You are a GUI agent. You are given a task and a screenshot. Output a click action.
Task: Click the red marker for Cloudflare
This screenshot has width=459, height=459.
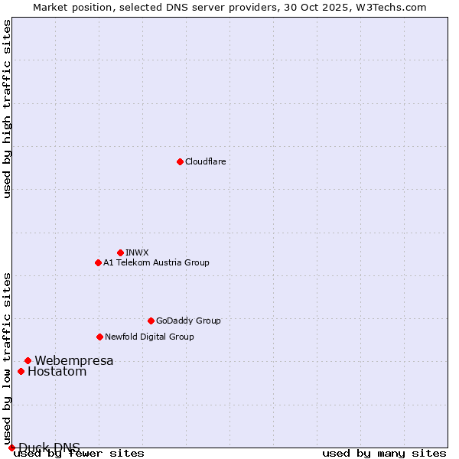click(x=180, y=161)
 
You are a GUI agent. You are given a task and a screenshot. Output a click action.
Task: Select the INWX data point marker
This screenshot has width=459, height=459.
click(x=120, y=252)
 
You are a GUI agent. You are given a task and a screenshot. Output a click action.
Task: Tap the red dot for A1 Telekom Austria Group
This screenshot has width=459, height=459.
click(x=98, y=262)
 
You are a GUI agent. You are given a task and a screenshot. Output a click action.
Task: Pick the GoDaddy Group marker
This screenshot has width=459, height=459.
click(x=151, y=321)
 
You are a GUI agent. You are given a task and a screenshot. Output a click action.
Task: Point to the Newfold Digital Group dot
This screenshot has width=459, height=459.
click(x=99, y=337)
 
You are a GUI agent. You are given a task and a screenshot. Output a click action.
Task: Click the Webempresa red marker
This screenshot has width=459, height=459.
click(x=28, y=360)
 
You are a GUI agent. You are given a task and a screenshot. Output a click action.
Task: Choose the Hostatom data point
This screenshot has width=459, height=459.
click(x=21, y=372)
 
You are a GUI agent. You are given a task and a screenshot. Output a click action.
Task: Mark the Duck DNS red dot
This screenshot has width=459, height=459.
click(x=11, y=448)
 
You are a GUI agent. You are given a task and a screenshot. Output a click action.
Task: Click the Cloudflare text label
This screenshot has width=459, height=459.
click(x=205, y=161)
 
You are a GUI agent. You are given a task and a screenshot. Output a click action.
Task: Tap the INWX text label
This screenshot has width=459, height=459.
click(x=137, y=252)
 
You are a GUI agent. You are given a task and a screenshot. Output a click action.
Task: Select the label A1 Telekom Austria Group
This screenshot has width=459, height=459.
click(x=156, y=262)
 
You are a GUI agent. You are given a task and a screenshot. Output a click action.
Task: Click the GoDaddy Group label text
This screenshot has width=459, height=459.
click(x=188, y=321)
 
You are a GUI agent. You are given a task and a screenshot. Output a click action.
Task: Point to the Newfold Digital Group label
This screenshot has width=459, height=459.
click(x=149, y=337)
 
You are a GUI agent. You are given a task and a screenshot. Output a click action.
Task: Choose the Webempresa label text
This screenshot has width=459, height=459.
click(x=74, y=360)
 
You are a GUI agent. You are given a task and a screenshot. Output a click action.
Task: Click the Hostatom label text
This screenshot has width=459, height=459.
click(x=57, y=372)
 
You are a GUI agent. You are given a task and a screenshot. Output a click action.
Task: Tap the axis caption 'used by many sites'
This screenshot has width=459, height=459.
click(x=384, y=453)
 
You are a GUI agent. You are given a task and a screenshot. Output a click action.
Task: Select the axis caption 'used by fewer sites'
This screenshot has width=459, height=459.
click(x=80, y=453)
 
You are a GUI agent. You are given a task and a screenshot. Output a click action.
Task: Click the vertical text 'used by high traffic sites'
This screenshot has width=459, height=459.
click(x=7, y=109)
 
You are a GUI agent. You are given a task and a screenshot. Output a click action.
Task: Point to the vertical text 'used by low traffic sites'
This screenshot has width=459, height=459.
click(x=7, y=358)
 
